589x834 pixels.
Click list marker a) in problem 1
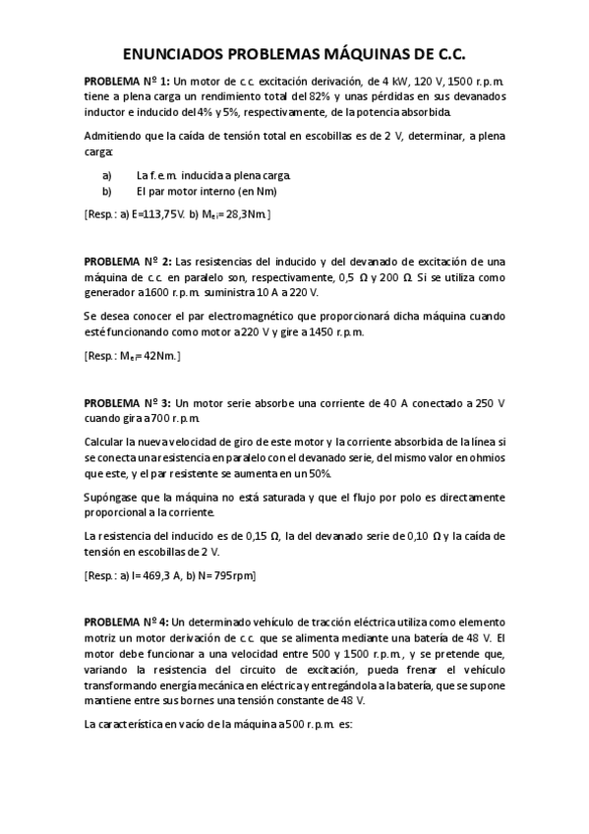(x=106, y=176)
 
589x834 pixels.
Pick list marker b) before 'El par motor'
(x=106, y=193)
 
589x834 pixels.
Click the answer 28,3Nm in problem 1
(x=243, y=214)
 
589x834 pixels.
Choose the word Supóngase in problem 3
(x=115, y=499)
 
